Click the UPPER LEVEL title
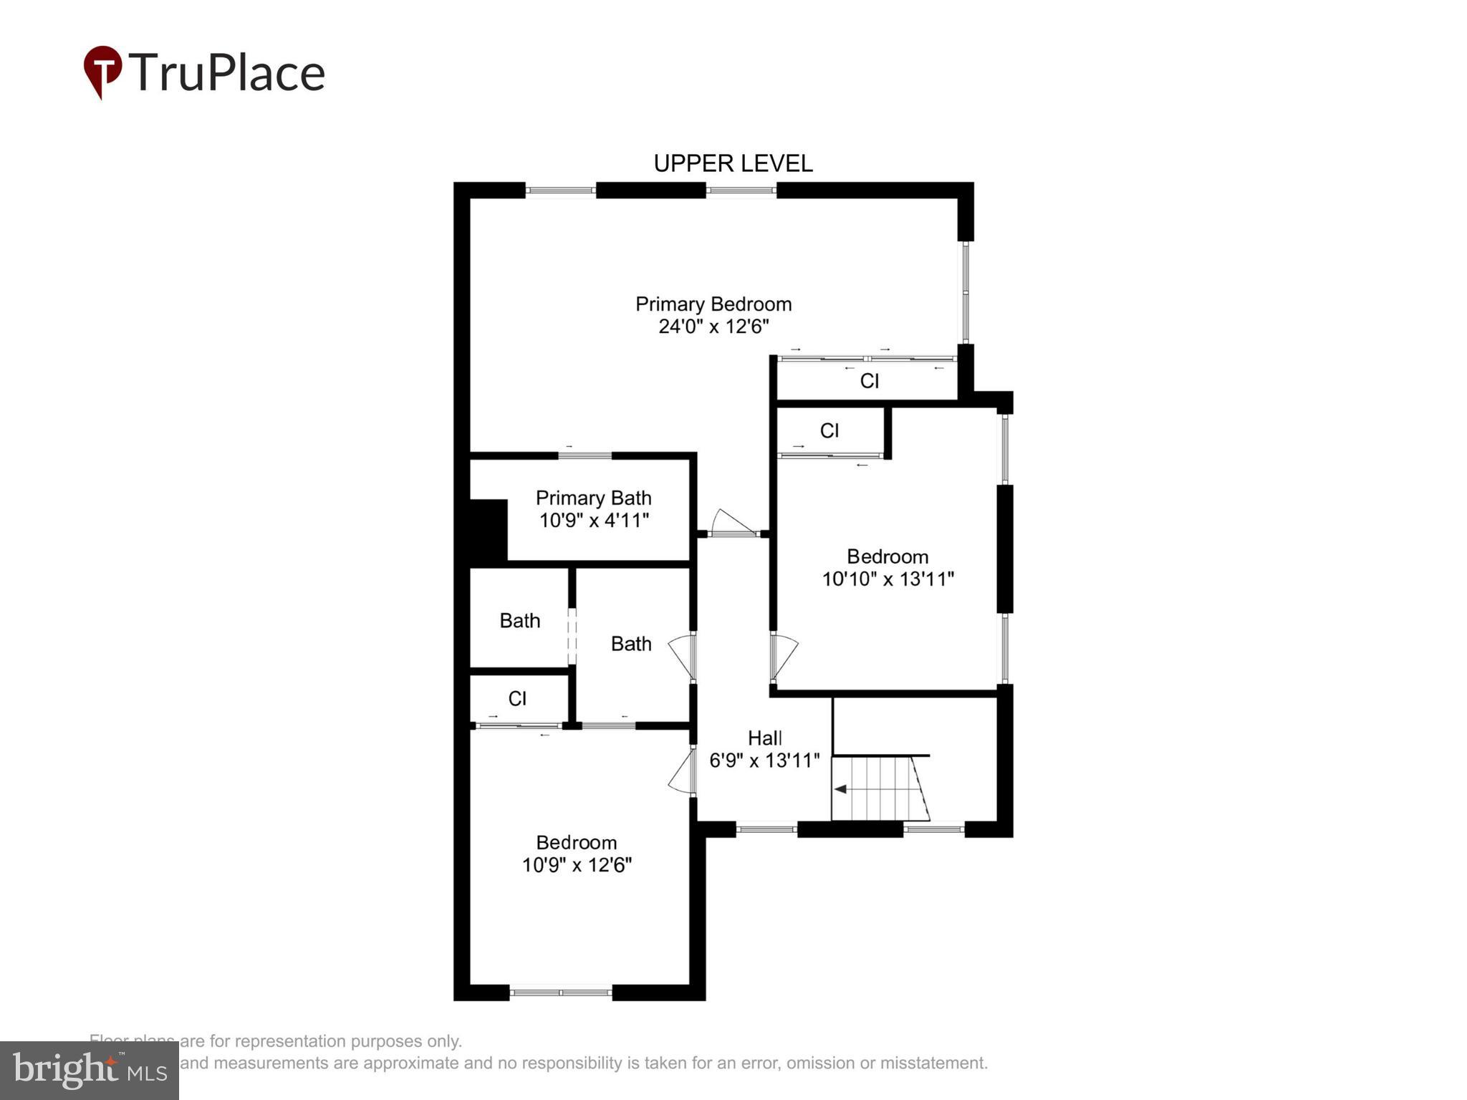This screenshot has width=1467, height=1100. point(733,164)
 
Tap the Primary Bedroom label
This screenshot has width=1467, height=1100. point(713,304)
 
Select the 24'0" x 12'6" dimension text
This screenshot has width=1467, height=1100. point(713,327)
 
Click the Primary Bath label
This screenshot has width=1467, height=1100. point(593,498)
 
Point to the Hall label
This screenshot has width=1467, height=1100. point(764,738)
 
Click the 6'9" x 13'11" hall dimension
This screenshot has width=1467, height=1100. point(764,761)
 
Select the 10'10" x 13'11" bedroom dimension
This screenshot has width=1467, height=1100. point(888,579)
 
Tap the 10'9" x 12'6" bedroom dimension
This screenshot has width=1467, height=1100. point(577,865)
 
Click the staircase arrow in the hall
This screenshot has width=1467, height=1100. point(841,789)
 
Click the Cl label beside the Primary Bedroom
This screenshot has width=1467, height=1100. point(869,381)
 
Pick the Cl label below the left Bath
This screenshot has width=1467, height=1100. point(517,699)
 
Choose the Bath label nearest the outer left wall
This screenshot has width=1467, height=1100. point(519,621)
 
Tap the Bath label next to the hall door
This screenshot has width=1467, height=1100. point(631,644)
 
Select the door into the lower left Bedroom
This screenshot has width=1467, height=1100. point(683,771)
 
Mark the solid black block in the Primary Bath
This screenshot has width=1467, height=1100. point(488,530)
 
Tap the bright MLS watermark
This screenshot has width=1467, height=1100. point(90,1071)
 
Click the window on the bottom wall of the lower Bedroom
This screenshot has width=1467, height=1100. point(561,993)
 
